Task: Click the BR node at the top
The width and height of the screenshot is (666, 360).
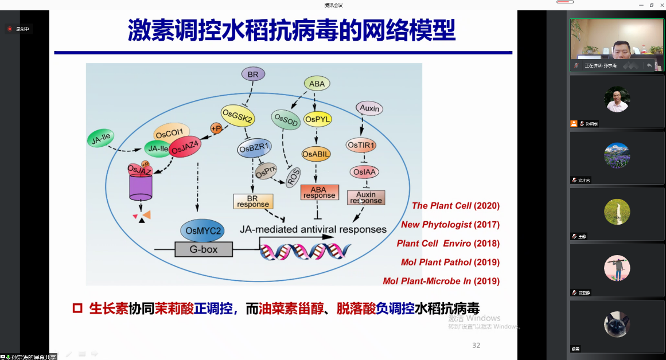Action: click(x=252, y=74)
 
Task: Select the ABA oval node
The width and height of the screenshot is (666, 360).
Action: click(x=317, y=84)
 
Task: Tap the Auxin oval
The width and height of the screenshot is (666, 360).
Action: click(x=369, y=108)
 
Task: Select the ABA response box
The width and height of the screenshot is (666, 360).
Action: click(x=319, y=192)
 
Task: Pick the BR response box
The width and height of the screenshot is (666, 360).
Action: click(x=253, y=201)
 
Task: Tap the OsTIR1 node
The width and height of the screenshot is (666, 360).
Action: click(x=361, y=146)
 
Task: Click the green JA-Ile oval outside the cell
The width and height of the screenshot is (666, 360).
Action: click(x=100, y=138)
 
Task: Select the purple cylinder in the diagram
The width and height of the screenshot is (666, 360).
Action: click(x=141, y=186)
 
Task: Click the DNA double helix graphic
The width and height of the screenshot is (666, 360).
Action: click(x=305, y=251)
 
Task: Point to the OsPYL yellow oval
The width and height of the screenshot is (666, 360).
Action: click(x=318, y=119)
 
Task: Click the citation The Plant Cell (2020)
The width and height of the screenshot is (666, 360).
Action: click(x=455, y=206)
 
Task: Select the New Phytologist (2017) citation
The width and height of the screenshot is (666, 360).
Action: click(x=450, y=225)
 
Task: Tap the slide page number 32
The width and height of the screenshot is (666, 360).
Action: click(x=476, y=345)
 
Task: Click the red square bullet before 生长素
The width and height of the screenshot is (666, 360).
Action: click(x=77, y=308)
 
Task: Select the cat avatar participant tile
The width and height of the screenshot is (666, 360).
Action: click(x=617, y=324)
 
